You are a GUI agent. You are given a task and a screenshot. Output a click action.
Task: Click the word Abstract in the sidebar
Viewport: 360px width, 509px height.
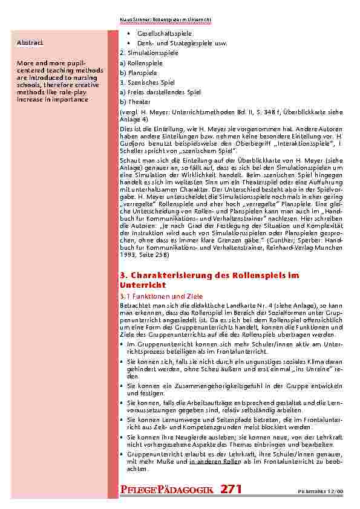coord(30,42)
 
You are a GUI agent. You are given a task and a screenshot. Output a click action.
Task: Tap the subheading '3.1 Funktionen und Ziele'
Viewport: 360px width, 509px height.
coord(153,297)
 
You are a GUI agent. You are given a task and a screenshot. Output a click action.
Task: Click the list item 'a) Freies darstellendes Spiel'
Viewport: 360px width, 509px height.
coord(160,92)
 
